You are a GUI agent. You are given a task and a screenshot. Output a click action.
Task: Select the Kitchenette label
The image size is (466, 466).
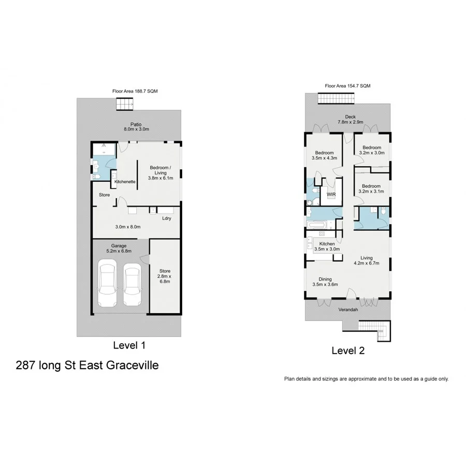coord(125,182)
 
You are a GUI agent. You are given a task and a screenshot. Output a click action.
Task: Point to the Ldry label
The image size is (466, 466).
coord(166,219)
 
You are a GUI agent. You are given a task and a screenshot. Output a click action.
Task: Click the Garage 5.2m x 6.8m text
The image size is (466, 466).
coord(119,248)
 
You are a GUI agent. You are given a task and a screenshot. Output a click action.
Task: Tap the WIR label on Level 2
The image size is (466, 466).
coord(330,195)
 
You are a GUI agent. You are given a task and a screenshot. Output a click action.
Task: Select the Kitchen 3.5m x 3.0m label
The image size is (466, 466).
coord(327,246)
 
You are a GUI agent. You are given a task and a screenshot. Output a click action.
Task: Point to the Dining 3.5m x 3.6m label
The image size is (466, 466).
coord(325,281)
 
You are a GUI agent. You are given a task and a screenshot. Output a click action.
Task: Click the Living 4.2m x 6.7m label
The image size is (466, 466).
coord(367,260)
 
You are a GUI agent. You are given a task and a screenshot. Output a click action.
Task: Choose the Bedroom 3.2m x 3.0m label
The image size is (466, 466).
coord(371,150)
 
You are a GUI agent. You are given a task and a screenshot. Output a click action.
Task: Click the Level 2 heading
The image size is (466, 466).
coord(348,351)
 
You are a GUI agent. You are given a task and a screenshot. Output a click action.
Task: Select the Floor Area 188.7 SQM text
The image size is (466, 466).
coord(135,91)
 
